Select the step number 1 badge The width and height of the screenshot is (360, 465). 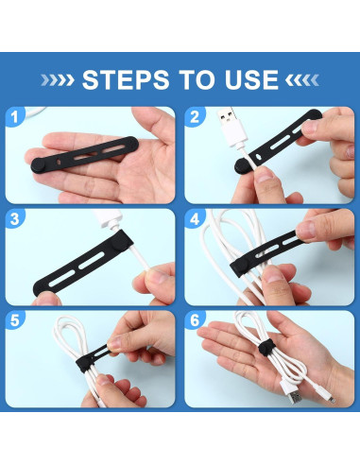tap(17, 118)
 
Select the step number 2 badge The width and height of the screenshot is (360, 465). tap(196, 118)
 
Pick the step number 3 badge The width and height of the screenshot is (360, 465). tap(17, 220)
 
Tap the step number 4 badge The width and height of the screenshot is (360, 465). tap(196, 220)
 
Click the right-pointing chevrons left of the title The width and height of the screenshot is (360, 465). tap(61, 78)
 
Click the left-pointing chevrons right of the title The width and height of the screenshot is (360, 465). tap(299, 78)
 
